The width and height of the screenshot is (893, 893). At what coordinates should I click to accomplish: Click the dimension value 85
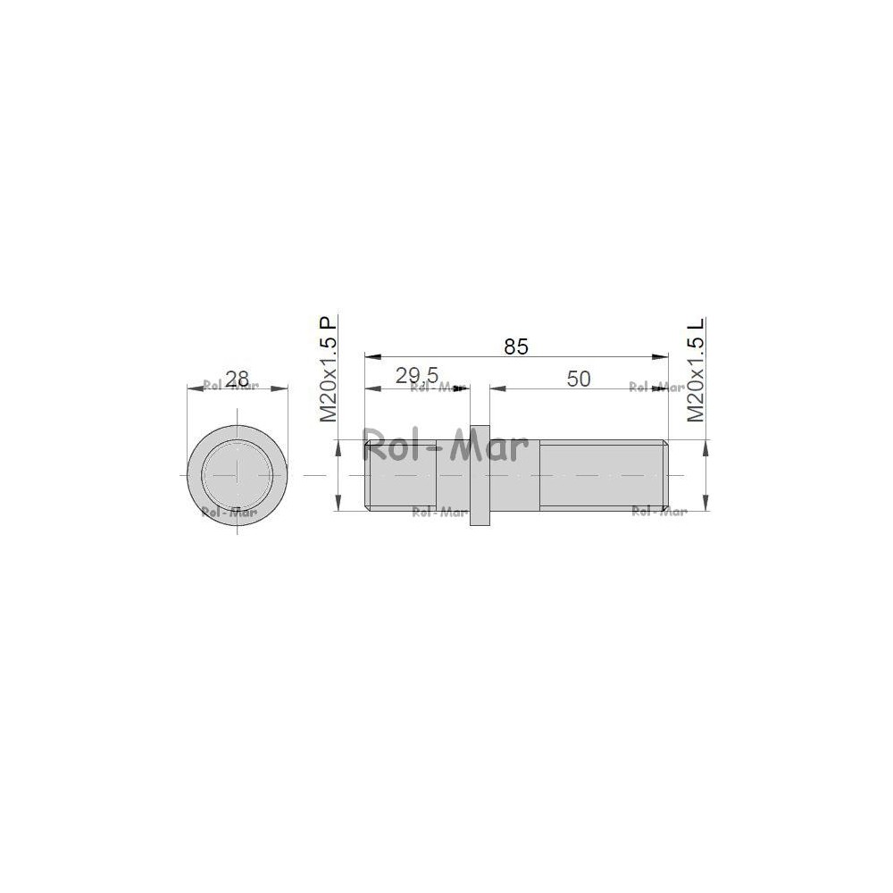(516, 346)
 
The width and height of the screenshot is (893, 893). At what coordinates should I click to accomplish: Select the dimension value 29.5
(417, 376)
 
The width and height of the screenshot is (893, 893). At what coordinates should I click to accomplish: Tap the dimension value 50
(579, 379)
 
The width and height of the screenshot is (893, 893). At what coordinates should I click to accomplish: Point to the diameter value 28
(238, 378)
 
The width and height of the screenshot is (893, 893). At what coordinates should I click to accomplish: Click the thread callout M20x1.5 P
(329, 369)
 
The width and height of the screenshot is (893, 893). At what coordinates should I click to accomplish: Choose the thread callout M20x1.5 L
(696, 370)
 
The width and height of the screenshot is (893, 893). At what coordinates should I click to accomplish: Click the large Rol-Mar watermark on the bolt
(446, 445)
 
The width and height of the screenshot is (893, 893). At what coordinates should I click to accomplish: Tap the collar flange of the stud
(480, 475)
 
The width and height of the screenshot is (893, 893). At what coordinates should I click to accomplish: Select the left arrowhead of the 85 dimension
(372, 357)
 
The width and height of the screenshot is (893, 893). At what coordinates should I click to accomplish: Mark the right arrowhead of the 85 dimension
(660, 357)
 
